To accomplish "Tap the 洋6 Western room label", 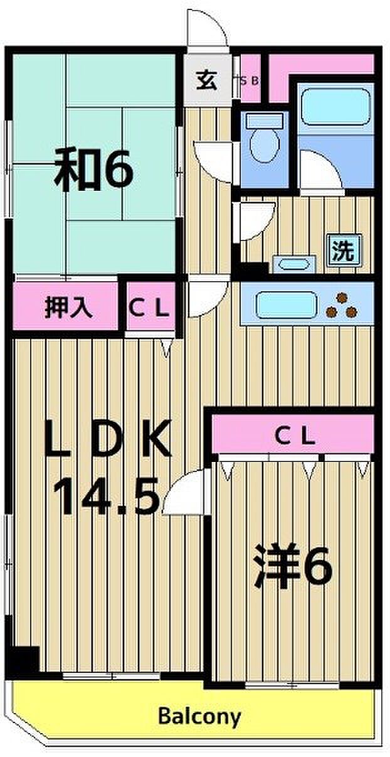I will (x=292, y=566).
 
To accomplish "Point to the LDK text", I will (x=108, y=440).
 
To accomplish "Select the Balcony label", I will (x=199, y=716).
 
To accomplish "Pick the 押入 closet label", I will (x=69, y=308).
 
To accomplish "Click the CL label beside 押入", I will (x=149, y=308).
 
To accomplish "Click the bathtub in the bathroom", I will (x=336, y=106).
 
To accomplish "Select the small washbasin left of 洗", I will (x=292, y=262).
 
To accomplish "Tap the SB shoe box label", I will (x=251, y=80).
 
